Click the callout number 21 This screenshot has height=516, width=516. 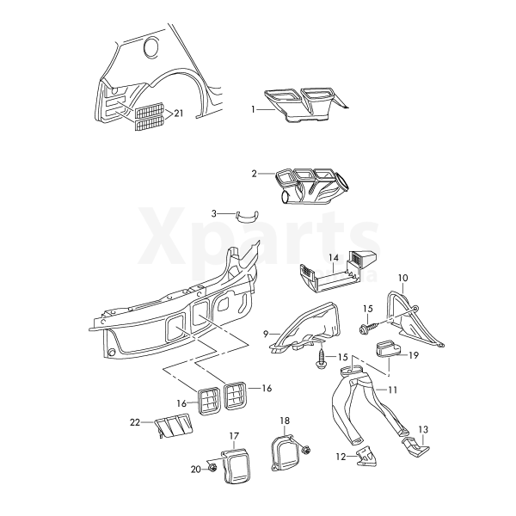tap(178, 114)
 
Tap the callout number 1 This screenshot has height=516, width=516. tap(253, 109)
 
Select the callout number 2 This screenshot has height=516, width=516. tap(254, 174)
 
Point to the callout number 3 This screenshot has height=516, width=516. tap(214, 213)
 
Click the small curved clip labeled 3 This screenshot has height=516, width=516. tap(247, 217)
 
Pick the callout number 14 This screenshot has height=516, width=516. tap(334, 257)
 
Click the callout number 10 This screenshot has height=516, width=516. tap(402, 278)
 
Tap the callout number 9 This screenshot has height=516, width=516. tap(266, 335)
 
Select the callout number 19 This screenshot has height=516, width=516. tap(414, 355)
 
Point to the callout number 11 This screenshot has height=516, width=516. tap(393, 390)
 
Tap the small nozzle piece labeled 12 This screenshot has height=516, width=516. tap(366, 457)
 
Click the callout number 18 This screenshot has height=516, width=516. tap(285, 421)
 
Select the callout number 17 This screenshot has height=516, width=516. tap(234, 436)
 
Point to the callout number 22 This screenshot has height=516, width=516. tap(135, 422)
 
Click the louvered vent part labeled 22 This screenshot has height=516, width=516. tap(174, 425)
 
